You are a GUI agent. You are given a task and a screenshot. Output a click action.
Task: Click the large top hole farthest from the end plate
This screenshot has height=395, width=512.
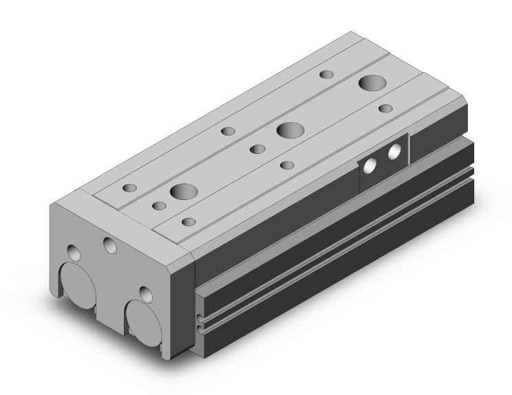pyautogui.click(x=372, y=83)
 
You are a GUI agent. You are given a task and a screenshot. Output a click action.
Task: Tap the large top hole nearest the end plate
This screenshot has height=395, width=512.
pyautogui.click(x=184, y=192)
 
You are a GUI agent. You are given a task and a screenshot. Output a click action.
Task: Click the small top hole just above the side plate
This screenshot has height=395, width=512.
pyautogui.click(x=386, y=108)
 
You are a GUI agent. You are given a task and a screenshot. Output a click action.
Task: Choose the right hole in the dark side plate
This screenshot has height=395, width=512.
pyautogui.click(x=394, y=152)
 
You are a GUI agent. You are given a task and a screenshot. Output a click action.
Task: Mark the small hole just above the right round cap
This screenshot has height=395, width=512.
pyautogui.click(x=145, y=294)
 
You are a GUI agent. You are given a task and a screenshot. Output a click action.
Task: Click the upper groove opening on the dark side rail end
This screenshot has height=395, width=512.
pyautogui.click(x=200, y=318)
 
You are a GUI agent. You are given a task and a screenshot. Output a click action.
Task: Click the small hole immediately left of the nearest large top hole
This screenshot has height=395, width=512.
pyautogui.click(x=160, y=205)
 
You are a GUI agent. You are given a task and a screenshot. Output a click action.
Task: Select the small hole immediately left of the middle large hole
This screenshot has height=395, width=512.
pyautogui.click(x=257, y=149)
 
